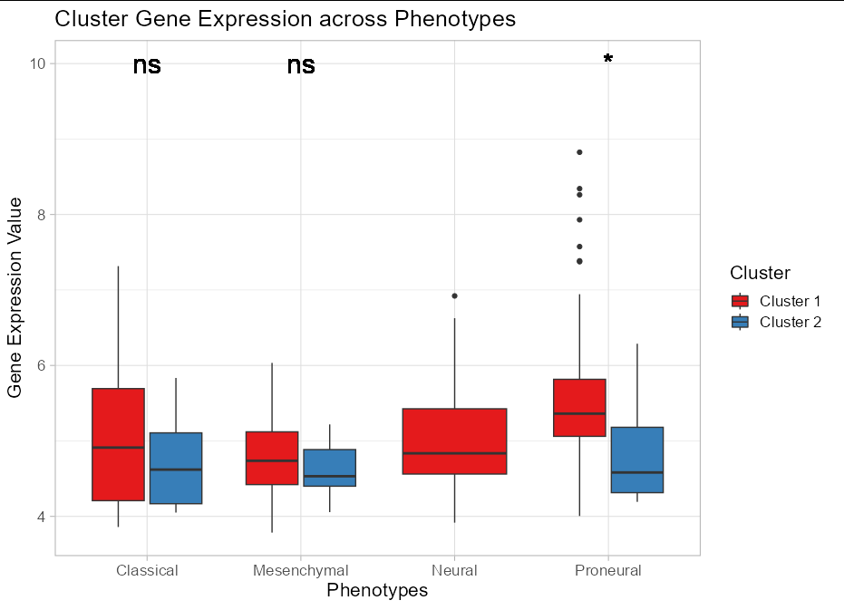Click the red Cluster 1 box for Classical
[x=118, y=444]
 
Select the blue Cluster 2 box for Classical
[x=175, y=468]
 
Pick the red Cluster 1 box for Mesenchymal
[x=273, y=458]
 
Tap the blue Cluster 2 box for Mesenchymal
[x=329, y=468]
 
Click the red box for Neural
[x=454, y=441]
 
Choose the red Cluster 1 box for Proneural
[x=580, y=407]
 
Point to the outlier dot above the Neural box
[x=454, y=295]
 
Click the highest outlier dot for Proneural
[x=579, y=152]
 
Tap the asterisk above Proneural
[x=608, y=60]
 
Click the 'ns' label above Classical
[x=147, y=65]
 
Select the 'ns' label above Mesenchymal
[x=301, y=65]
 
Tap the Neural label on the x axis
[x=454, y=570]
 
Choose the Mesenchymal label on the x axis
[x=301, y=570]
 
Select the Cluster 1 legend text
[x=790, y=301]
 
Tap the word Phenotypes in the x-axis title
[x=377, y=591]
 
